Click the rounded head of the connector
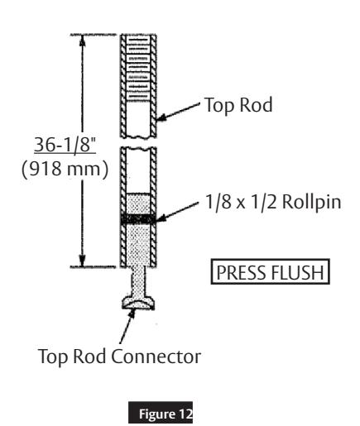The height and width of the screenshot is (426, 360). point(135,305)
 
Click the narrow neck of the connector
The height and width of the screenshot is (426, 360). point(135,281)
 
